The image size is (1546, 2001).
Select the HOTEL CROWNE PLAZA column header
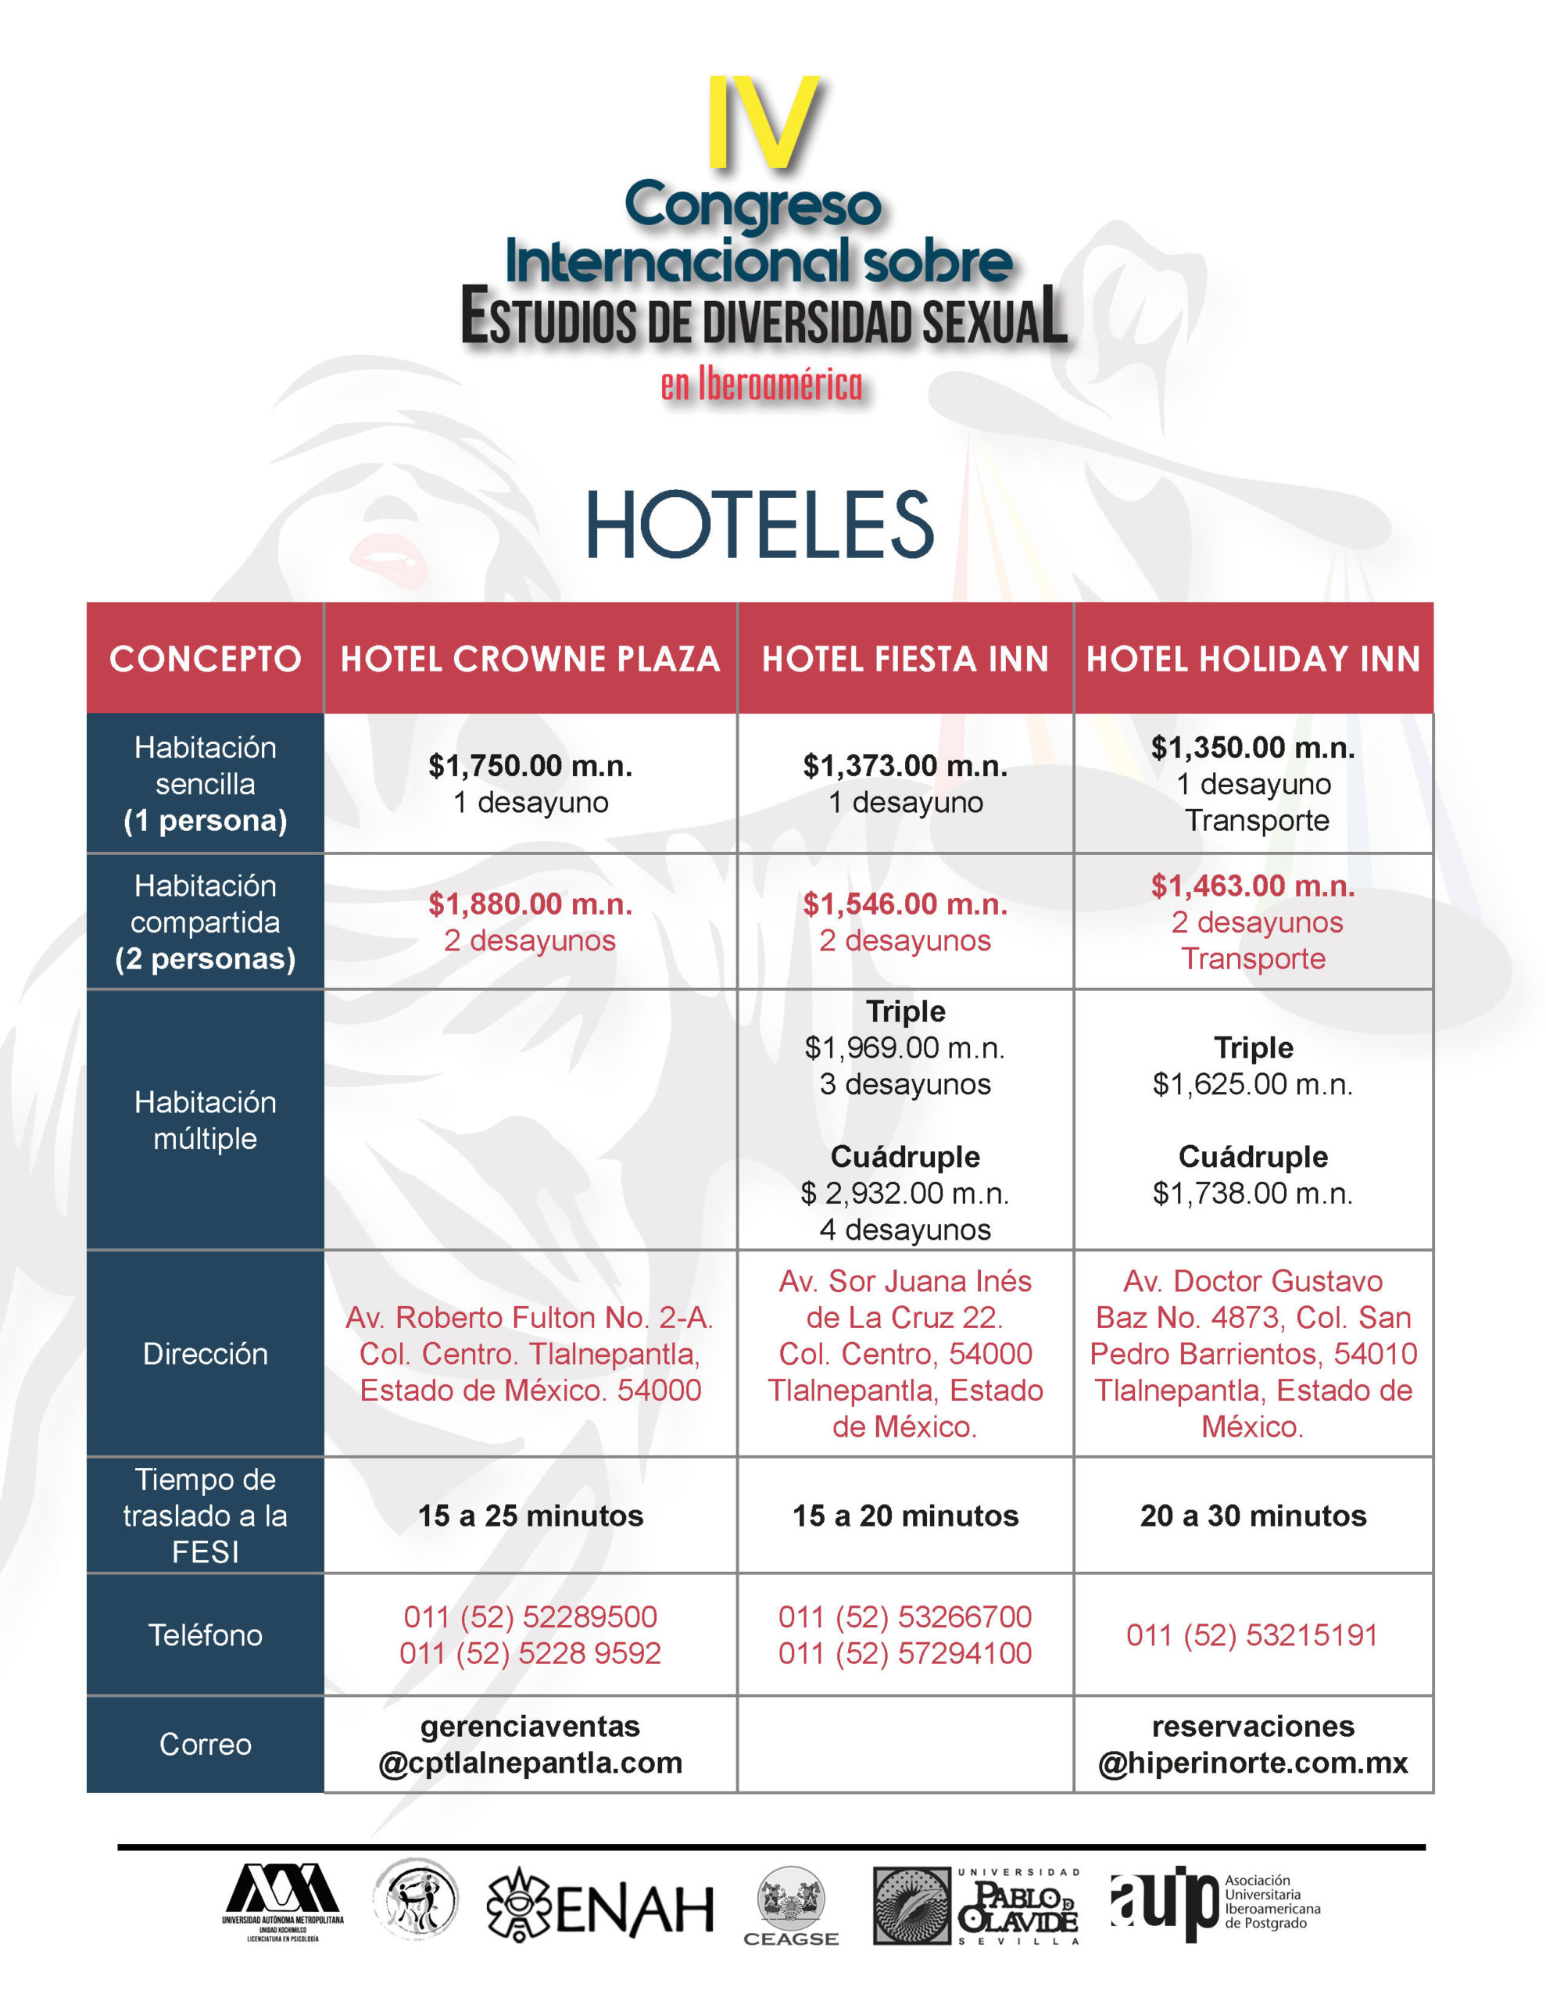(530, 659)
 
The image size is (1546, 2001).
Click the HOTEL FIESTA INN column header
(904, 659)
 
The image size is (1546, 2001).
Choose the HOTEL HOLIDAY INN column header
(1253, 659)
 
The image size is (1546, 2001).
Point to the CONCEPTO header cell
(206, 659)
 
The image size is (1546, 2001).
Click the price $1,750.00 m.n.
(530, 765)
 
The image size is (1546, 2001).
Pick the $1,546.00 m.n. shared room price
(904, 904)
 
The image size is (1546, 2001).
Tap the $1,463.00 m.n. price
(1253, 886)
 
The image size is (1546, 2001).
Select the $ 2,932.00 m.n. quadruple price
(904, 1193)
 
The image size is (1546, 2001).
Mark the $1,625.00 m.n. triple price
(1253, 1084)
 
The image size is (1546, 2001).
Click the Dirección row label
(206, 1353)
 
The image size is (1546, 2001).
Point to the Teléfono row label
(206, 1634)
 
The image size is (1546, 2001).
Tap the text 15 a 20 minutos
(904, 1516)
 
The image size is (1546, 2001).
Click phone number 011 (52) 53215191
(1252, 1634)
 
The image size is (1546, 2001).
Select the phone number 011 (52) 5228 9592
(530, 1653)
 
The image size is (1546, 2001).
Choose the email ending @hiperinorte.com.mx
(1253, 1762)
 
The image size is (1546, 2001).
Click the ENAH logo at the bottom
(600, 1906)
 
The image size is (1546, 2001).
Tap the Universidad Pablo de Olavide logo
(977, 1906)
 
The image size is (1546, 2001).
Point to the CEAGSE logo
(791, 1906)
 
